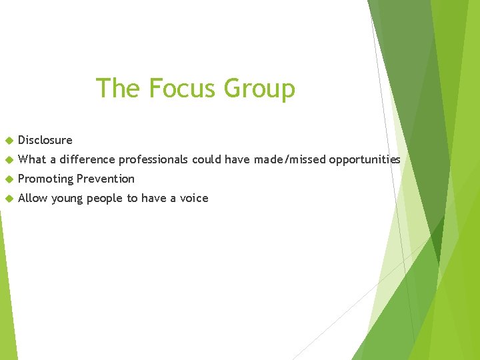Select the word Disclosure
(45, 140)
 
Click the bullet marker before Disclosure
(9, 141)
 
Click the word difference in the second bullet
(87, 159)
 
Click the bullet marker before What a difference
(9, 160)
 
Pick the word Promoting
(45, 179)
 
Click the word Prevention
(105, 179)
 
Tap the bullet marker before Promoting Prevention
(9, 179)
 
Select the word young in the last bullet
(66, 198)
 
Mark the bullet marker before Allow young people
(9, 199)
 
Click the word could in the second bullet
(207, 159)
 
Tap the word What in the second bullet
(32, 159)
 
